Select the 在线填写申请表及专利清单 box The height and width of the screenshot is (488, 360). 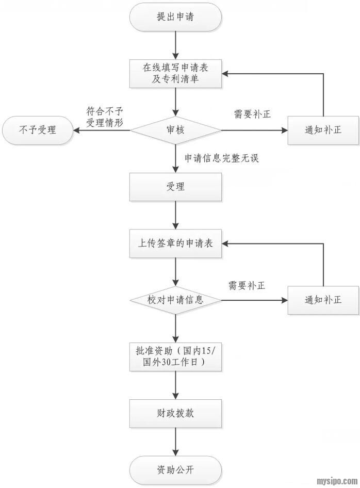pos(176,73)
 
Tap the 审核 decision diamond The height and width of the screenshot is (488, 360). pos(176,130)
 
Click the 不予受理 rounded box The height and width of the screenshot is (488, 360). pos(37,130)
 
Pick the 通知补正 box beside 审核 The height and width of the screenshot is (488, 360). pos(323,130)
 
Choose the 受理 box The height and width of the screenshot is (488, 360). pos(176,187)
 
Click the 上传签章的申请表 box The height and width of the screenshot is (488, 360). pos(176,243)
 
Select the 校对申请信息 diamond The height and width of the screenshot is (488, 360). pos(176,300)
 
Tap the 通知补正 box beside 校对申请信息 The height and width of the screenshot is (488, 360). pos(323,300)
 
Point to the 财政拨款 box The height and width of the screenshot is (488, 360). pos(176,414)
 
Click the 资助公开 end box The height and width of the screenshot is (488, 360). pos(176,470)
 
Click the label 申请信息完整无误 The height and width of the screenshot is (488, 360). pos(222,158)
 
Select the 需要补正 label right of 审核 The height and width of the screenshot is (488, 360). pos(252,115)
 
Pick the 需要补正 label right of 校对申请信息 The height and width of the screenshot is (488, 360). pos(247,285)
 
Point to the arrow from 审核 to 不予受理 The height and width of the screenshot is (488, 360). pos(101,130)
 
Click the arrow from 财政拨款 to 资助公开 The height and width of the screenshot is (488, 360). pos(176,442)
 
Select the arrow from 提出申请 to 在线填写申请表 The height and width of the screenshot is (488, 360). pos(176,45)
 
